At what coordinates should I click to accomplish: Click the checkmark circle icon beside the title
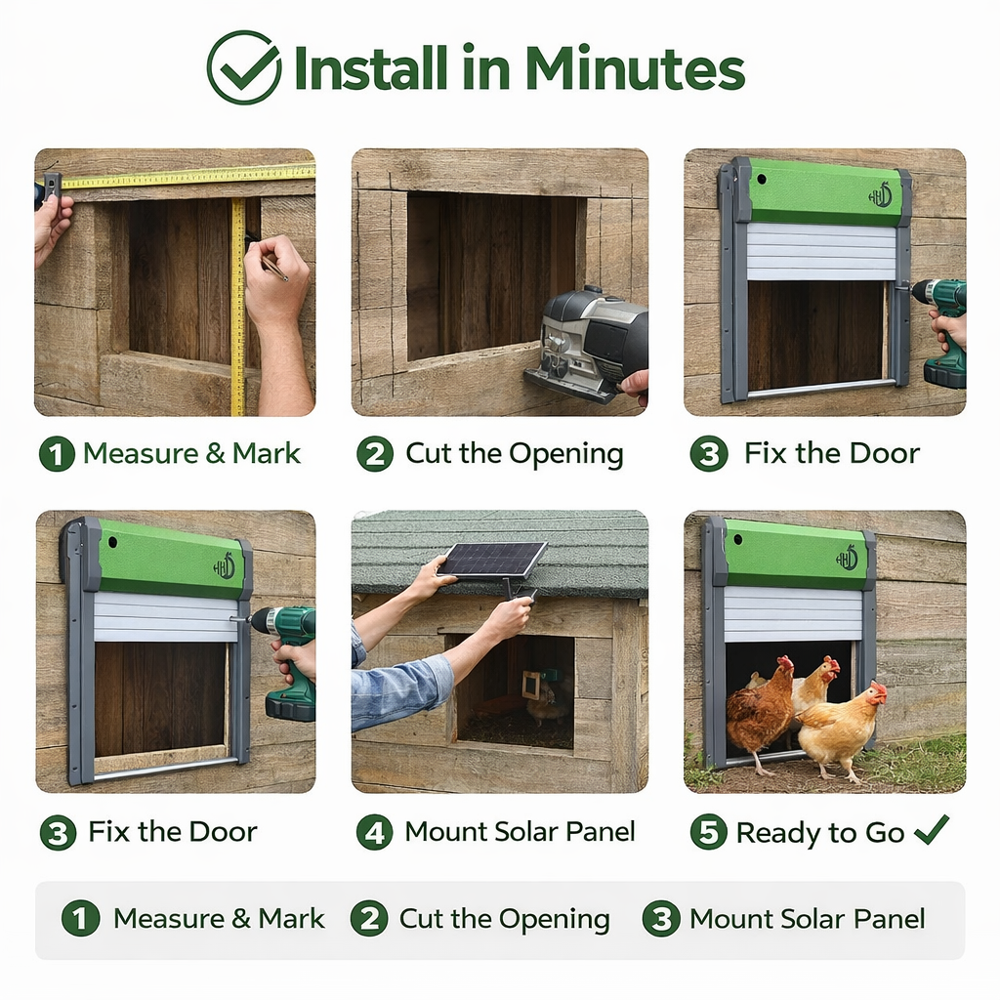click(x=243, y=67)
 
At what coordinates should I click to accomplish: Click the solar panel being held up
click(x=491, y=560)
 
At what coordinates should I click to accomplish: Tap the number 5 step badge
click(x=708, y=833)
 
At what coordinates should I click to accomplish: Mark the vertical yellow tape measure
click(x=237, y=303)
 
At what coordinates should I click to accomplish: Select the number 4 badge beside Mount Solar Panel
click(x=374, y=833)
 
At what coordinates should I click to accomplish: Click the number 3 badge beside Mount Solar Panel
click(x=661, y=919)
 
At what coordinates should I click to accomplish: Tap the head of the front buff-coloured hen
click(x=876, y=692)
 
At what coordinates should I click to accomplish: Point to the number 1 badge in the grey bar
click(x=80, y=919)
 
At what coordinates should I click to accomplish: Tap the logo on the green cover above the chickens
click(x=846, y=559)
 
